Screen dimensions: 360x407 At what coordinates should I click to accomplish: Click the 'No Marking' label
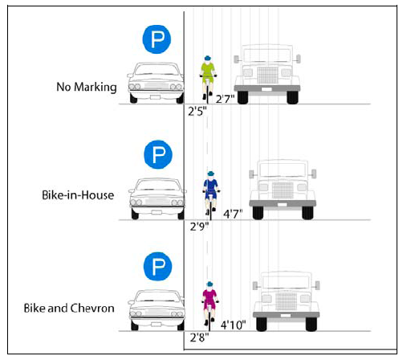[87, 86]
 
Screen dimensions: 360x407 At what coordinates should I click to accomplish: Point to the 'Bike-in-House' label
[79, 194]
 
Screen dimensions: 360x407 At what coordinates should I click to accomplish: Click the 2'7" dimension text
[225, 99]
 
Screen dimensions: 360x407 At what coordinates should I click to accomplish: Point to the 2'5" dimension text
[198, 111]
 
